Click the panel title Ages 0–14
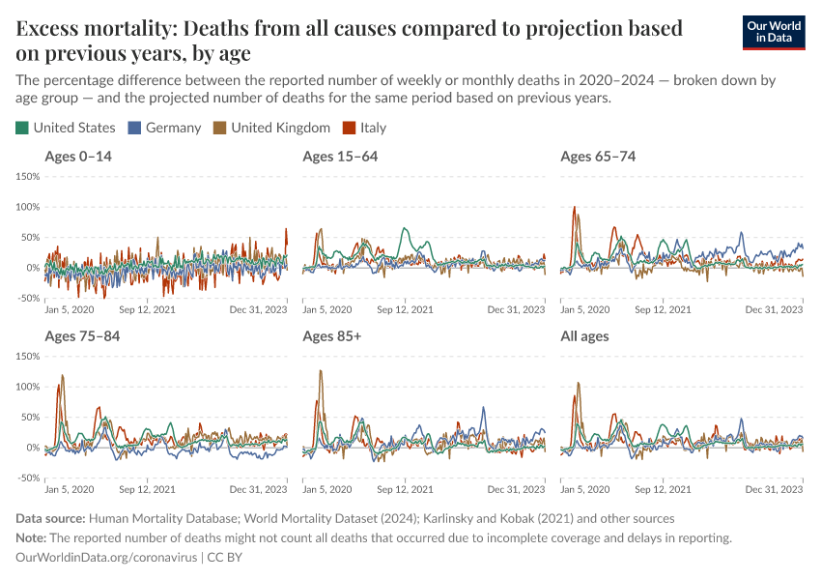(x=78, y=157)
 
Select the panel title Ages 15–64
(x=340, y=157)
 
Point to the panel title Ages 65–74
(x=598, y=157)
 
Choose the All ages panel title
(x=584, y=336)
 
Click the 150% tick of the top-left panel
(x=27, y=177)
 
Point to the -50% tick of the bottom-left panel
(x=27, y=478)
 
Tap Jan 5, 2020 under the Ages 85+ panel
(x=327, y=489)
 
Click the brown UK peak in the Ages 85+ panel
(x=320, y=371)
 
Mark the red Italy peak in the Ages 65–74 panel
(x=574, y=207)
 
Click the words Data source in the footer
(x=51, y=519)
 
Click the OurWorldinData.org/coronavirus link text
(x=106, y=558)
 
